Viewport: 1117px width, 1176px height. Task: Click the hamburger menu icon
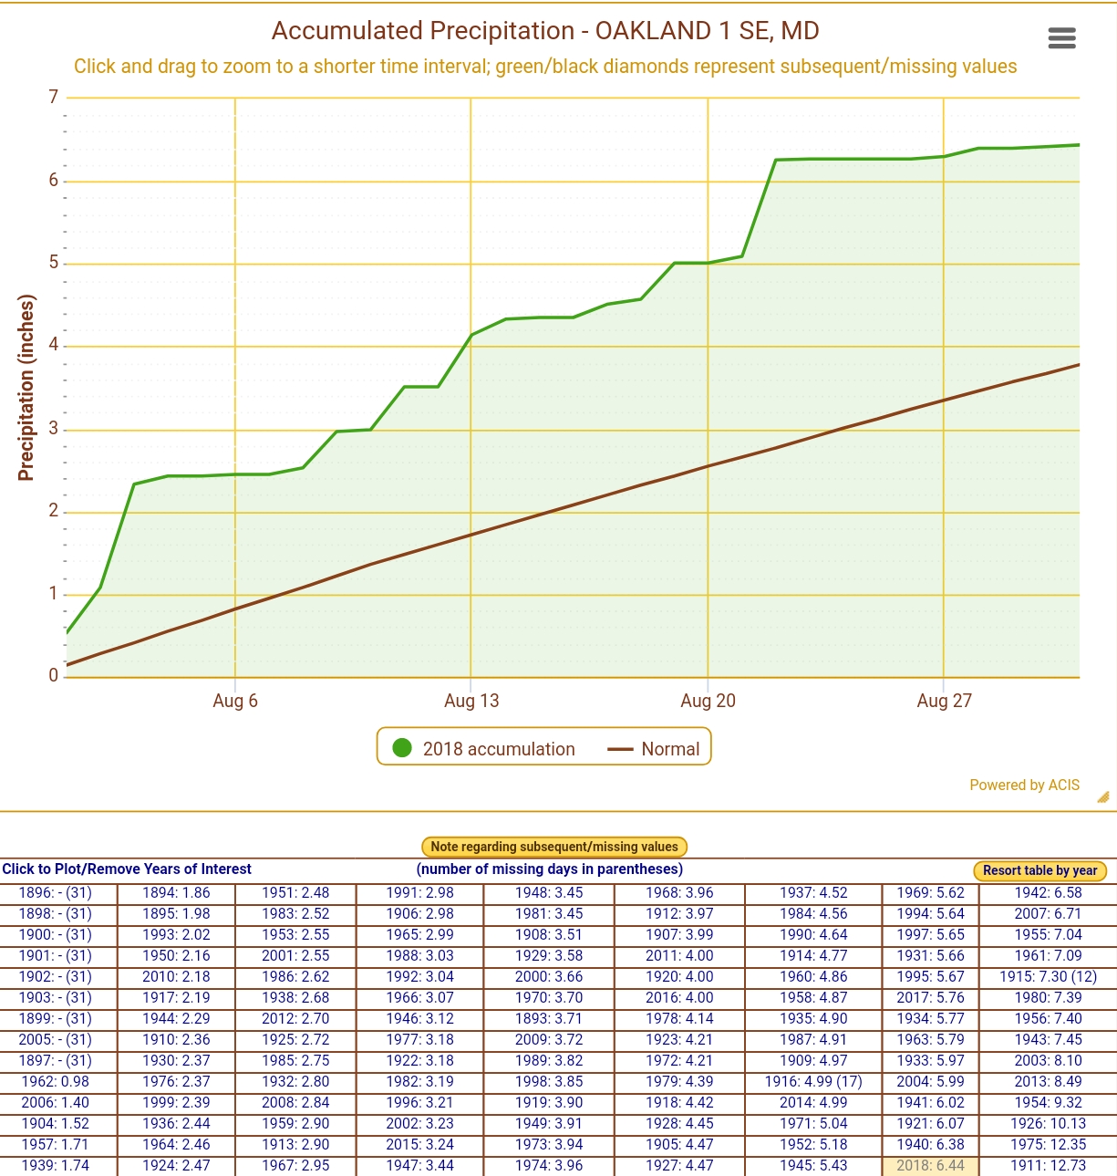[x=1061, y=37]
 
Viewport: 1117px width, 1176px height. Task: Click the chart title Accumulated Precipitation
[x=545, y=31]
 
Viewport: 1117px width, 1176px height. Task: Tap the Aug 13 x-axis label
[x=471, y=701]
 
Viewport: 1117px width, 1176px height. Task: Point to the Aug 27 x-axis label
[x=944, y=701]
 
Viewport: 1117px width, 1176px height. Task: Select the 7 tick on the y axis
[x=53, y=97]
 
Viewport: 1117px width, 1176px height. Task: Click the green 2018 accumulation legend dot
[x=402, y=748]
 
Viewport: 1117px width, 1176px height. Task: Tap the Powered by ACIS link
[x=1024, y=785]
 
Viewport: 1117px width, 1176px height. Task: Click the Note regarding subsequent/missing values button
[x=554, y=847]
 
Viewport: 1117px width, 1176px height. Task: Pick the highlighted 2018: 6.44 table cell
[x=930, y=1165]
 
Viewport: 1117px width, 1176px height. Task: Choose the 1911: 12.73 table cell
[x=1048, y=1165]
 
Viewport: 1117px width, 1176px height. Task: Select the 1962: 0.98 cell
[x=56, y=1081]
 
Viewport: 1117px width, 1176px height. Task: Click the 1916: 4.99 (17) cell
[x=813, y=1081]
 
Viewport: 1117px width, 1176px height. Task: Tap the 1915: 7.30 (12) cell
[x=1048, y=976]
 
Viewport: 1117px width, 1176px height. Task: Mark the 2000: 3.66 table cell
[x=549, y=976]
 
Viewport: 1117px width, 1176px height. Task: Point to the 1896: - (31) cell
[x=56, y=892]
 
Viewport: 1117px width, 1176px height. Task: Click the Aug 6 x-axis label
[x=235, y=701]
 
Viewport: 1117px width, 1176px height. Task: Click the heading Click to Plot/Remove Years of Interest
[x=127, y=869]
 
